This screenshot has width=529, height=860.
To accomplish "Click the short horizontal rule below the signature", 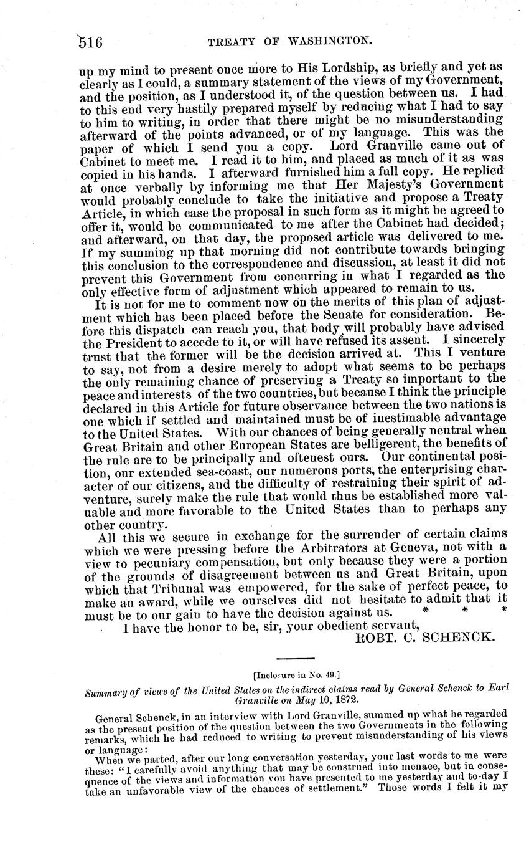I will (x=296, y=659).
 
